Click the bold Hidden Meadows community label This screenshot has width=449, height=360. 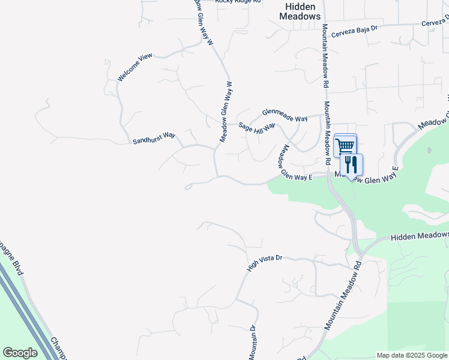point(300,11)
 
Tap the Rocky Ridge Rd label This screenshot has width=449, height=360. point(239,2)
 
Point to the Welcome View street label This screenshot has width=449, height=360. point(135,67)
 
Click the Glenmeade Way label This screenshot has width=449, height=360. point(285,114)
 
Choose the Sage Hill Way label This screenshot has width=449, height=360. point(256,127)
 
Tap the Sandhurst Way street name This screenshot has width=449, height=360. point(154,138)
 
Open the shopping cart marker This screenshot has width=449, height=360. point(345,145)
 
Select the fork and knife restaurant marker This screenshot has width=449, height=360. point(351,165)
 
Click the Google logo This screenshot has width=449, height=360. point(20,353)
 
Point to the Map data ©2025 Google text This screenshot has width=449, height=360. point(412,355)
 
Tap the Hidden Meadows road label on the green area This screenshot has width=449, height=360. point(420,236)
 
